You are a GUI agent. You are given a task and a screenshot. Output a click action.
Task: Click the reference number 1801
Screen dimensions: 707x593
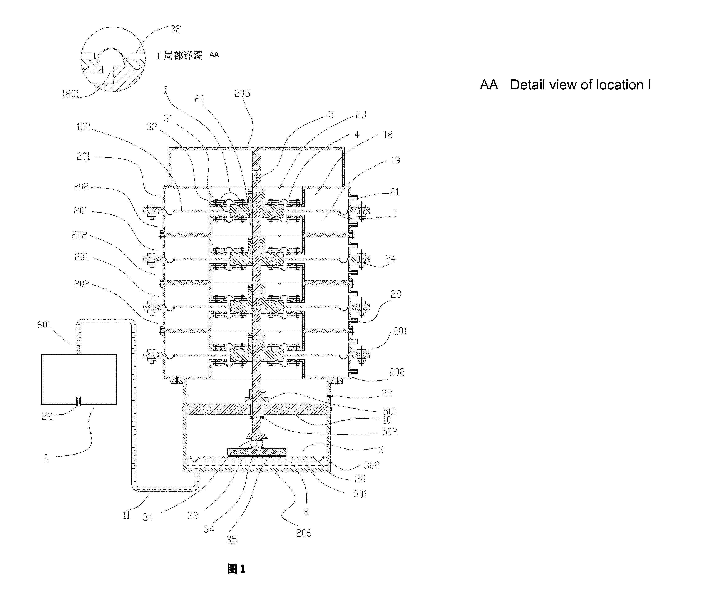(x=70, y=94)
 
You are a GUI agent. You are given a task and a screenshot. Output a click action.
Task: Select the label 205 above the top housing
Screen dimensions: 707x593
(x=242, y=93)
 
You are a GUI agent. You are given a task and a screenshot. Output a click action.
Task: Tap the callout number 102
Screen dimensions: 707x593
(x=83, y=127)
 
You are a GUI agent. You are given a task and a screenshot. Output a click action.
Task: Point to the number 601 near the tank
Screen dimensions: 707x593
(x=44, y=325)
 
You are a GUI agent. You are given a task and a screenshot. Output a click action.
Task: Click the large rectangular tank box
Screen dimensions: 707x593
(x=79, y=379)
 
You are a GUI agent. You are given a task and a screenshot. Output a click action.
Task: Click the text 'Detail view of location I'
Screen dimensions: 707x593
(x=580, y=85)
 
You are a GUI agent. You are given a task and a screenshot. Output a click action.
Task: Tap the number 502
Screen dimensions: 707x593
(x=389, y=432)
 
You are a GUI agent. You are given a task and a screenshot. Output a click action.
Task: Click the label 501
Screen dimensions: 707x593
(x=389, y=411)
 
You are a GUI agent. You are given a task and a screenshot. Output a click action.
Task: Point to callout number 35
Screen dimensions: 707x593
(x=231, y=540)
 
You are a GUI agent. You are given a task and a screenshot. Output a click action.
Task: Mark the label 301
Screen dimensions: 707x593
(x=360, y=494)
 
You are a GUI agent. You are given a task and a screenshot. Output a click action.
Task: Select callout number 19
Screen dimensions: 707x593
(x=395, y=161)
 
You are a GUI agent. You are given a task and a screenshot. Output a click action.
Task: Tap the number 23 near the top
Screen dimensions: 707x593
(x=361, y=115)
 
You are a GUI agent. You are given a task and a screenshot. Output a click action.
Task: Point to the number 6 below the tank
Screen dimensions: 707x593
(x=45, y=458)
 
